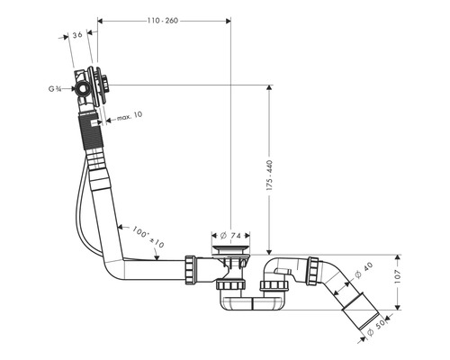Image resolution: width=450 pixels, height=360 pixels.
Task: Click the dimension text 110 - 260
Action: point(163,21)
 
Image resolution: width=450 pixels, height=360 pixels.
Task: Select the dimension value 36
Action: point(77,35)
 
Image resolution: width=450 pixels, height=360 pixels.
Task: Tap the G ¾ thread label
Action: point(55,89)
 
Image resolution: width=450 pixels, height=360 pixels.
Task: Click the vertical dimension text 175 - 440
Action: point(269,175)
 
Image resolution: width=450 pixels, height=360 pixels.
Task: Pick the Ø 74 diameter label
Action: point(230,236)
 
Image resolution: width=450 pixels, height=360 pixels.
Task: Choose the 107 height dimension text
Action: point(398,276)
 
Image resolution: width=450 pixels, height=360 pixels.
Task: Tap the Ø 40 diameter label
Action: point(364,270)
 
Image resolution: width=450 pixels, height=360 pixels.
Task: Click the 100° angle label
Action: point(140,232)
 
